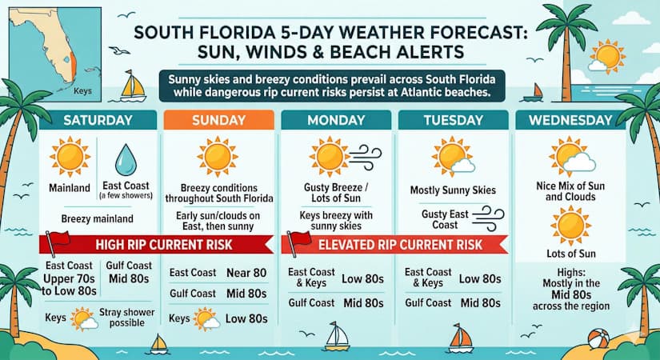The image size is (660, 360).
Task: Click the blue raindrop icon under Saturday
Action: pyautogui.click(x=126, y=159)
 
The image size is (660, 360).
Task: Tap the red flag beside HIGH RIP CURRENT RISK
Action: pyautogui.click(x=57, y=238)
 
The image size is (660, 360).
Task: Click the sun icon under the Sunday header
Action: pyautogui.click(x=218, y=155)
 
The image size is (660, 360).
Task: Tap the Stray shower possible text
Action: pyautogui.click(x=128, y=318)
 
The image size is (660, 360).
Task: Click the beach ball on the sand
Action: pyautogui.click(x=598, y=339)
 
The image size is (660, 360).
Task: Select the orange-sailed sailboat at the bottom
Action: pyautogui.click(x=460, y=338)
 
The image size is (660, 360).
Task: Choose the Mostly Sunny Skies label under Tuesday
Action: pyautogui.click(x=454, y=190)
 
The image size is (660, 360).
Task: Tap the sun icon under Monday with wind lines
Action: pyautogui.click(x=327, y=154)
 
